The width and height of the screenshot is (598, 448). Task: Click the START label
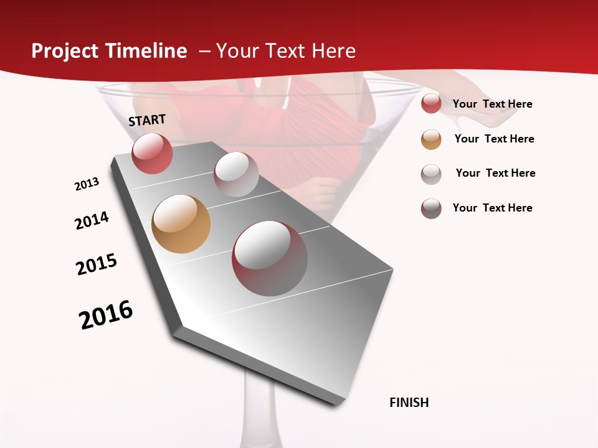(147, 120)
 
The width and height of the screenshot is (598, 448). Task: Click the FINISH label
(409, 403)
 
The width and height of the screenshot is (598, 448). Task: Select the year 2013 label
(87, 184)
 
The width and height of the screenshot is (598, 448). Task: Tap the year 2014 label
(92, 220)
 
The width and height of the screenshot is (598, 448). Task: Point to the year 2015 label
(97, 264)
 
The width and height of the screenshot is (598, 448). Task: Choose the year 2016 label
(106, 315)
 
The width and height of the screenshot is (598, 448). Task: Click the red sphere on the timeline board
(152, 153)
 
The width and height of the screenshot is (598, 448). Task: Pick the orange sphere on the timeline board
(181, 224)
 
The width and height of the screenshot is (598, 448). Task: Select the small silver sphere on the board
(236, 174)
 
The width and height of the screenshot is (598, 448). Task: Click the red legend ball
(431, 104)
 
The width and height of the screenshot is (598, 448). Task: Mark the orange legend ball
(431, 139)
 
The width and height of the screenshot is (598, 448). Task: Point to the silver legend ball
(431, 174)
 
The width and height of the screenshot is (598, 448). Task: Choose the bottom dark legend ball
(431, 208)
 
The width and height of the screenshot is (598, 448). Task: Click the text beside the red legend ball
(492, 104)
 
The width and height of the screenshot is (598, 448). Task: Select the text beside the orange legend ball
(494, 139)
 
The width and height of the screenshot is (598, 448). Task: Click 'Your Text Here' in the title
(286, 51)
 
